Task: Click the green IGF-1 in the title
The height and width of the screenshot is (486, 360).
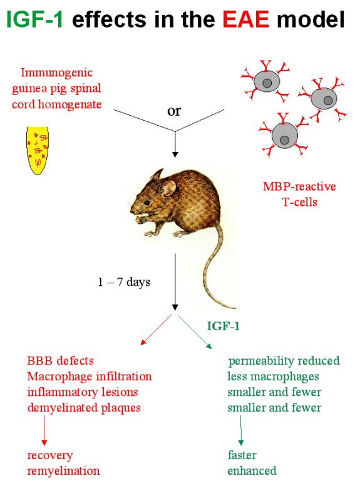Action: (x=35, y=19)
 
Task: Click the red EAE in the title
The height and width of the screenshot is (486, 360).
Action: (x=246, y=19)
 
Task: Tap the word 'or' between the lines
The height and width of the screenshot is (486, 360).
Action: (x=174, y=111)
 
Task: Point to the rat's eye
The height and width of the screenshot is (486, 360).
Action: (x=147, y=203)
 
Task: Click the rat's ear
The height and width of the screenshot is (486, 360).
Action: (x=169, y=188)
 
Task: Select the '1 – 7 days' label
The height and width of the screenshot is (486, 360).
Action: (x=124, y=282)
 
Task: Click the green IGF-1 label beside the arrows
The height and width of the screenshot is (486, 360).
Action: (x=223, y=326)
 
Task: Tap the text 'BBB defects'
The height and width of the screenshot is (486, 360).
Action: (x=61, y=361)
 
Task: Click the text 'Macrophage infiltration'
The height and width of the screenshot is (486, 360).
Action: (x=90, y=377)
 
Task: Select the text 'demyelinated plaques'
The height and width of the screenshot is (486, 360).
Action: (x=84, y=408)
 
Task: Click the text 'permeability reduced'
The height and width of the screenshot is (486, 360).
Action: (x=284, y=361)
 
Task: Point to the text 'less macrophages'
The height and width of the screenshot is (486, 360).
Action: (x=273, y=377)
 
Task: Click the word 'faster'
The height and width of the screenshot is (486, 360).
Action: (x=242, y=455)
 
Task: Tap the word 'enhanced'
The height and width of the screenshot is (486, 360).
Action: (x=252, y=470)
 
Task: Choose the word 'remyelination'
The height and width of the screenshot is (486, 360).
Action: (x=64, y=470)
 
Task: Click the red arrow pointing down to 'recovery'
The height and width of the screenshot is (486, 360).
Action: (x=44, y=430)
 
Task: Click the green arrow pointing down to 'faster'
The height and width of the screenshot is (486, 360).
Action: (x=241, y=430)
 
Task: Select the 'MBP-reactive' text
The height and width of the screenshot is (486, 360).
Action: (x=299, y=186)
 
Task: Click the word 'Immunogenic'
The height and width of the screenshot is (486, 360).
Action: (x=56, y=73)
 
